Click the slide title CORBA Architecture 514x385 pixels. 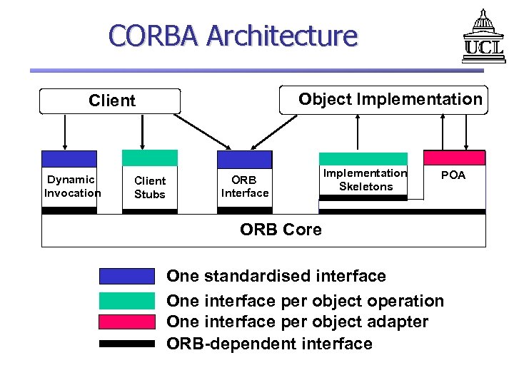[x=233, y=35]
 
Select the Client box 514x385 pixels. [x=111, y=101]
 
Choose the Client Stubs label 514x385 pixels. [x=150, y=188]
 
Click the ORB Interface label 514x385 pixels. [x=245, y=187]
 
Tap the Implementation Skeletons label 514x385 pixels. [x=365, y=180]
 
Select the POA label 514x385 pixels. [x=453, y=175]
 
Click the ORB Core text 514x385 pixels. [x=281, y=230]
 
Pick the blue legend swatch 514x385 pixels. [x=127, y=276]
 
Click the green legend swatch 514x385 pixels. [x=127, y=301]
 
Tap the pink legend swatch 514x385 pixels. [x=127, y=322]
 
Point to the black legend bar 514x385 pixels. [x=127, y=343]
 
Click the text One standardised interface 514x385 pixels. [x=276, y=277]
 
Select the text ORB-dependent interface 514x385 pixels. [x=269, y=344]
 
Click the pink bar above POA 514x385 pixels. [x=454, y=158]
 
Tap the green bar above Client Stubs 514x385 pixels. [x=150, y=158]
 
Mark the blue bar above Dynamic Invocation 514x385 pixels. [x=69, y=158]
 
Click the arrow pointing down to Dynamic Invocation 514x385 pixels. [x=66, y=132]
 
